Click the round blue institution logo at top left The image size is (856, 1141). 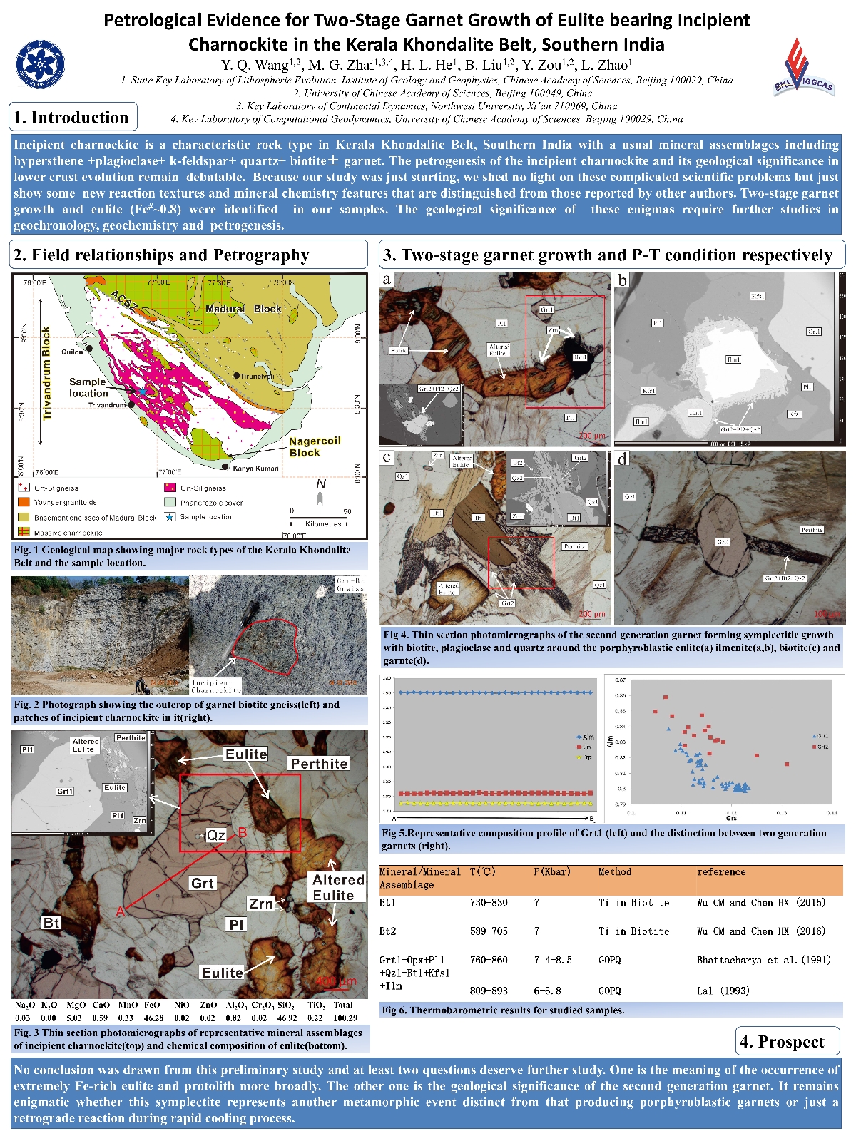tap(40, 64)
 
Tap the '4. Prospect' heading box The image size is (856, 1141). tap(787, 1042)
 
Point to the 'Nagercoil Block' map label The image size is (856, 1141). tap(314, 447)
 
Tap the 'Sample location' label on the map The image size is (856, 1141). tap(88, 388)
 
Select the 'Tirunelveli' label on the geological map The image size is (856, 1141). tap(257, 376)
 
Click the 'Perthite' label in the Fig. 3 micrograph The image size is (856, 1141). tap(319, 764)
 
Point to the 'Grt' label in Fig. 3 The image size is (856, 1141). tap(203, 883)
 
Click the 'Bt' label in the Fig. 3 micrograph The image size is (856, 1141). tap(51, 923)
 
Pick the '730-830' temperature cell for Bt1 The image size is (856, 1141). tap(489, 903)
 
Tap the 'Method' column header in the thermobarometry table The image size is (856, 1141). tap(614, 872)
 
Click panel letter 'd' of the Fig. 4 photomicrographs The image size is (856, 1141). tap(623, 459)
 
